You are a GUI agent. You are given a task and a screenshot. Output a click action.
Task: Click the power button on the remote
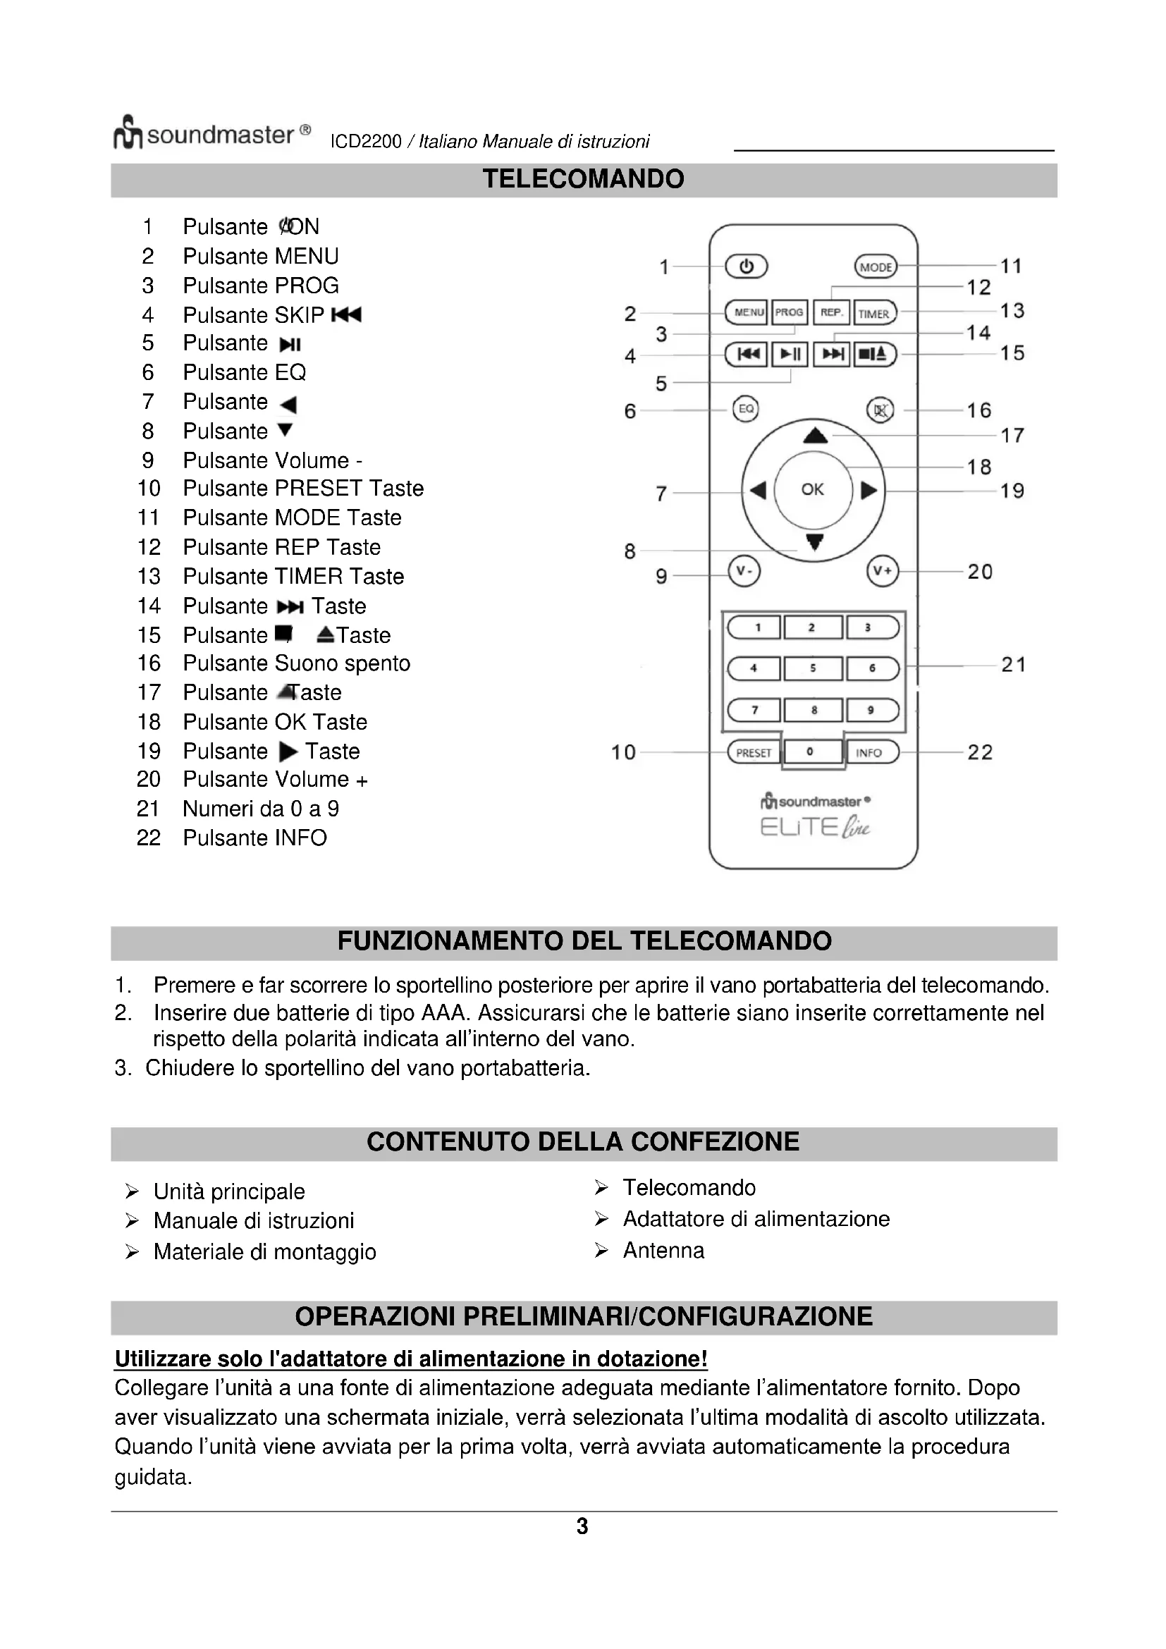pyautogui.click(x=746, y=266)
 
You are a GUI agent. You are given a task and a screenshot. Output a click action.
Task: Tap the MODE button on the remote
pyautogui.click(x=876, y=267)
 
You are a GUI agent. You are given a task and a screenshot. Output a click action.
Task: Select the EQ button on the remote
pyautogui.click(x=746, y=410)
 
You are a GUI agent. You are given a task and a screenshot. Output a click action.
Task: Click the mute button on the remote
pyautogui.click(x=881, y=410)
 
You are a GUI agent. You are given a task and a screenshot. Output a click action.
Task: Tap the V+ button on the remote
pyautogui.click(x=883, y=571)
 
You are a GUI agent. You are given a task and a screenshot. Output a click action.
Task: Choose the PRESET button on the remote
pyautogui.click(x=753, y=753)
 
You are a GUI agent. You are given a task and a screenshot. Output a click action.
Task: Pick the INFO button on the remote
pyautogui.click(x=871, y=753)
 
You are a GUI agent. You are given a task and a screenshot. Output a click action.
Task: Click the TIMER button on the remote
pyautogui.click(x=874, y=313)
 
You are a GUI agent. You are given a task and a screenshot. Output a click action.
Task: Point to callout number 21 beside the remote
pyautogui.click(x=1013, y=665)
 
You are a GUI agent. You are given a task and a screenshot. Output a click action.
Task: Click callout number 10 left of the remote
pyautogui.click(x=623, y=753)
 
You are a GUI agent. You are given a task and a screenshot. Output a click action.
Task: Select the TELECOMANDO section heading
pyautogui.click(x=583, y=180)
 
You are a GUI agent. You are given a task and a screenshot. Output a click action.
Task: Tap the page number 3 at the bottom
pyautogui.click(x=582, y=1527)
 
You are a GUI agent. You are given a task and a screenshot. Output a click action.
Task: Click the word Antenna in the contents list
pyautogui.click(x=663, y=1251)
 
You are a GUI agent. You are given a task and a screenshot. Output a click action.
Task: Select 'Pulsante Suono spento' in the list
pyautogui.click(x=296, y=663)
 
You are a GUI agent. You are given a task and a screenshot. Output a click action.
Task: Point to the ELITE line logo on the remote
pyautogui.click(x=814, y=828)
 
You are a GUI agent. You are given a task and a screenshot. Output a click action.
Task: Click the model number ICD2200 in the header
pyautogui.click(x=365, y=142)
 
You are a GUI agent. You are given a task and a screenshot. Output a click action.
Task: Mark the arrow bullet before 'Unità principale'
pyautogui.click(x=132, y=1192)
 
